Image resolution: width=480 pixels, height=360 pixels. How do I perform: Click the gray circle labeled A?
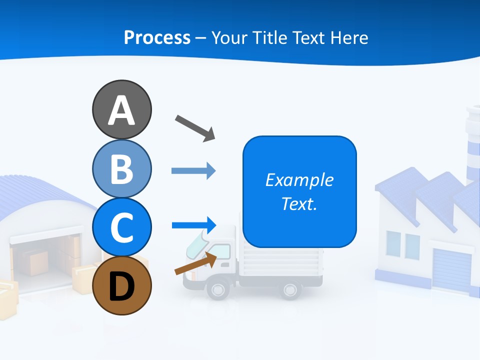121,109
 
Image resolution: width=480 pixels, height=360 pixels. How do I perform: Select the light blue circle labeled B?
121,168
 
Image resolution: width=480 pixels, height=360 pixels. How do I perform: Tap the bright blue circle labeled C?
121,227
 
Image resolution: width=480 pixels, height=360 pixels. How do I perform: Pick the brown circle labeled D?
121,285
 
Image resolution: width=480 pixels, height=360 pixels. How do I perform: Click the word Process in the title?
157,37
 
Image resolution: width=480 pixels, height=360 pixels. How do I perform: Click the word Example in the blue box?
299,180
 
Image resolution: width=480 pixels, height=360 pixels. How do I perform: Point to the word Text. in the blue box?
299,204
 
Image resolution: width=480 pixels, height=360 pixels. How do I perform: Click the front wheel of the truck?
217,289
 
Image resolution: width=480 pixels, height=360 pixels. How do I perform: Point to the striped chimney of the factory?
472,145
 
